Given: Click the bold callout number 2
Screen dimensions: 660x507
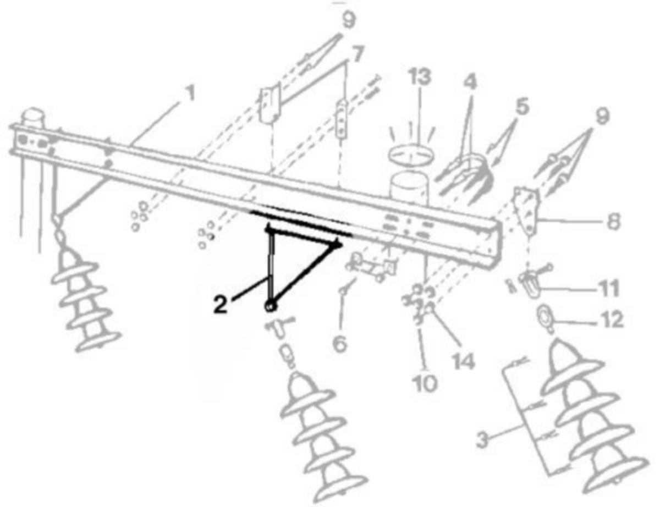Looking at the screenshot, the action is click(221, 305).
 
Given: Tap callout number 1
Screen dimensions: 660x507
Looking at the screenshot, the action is click(190, 92).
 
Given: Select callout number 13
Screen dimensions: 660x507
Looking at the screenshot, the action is click(420, 76).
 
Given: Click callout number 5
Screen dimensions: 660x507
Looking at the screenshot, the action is click(522, 106).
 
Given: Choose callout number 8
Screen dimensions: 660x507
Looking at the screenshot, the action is click(613, 221).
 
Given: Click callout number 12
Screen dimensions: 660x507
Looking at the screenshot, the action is click(611, 319).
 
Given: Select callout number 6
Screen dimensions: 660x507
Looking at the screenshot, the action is click(340, 344).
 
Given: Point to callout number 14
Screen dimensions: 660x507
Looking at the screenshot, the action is click(463, 361).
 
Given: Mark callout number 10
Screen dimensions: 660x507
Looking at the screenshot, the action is click(425, 383).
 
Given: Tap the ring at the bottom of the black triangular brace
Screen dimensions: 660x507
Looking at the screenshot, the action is click(270, 307).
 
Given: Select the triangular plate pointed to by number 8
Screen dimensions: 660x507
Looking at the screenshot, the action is click(526, 210).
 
